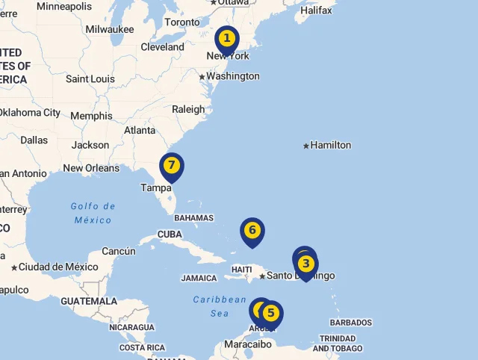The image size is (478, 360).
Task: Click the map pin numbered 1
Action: tap(227, 38)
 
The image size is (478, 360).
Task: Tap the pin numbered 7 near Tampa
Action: tap(172, 165)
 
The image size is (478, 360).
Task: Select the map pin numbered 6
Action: tap(252, 230)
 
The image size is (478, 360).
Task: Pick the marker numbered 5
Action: tap(270, 313)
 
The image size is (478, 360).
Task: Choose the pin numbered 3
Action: tap(305, 264)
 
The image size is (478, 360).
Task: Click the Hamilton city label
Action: tap(330, 145)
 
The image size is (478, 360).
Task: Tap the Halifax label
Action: tap(316, 10)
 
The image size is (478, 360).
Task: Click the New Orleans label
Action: tap(91, 168)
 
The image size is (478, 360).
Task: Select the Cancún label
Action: tap(119, 251)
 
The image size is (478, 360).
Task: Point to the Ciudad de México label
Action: tap(58, 267)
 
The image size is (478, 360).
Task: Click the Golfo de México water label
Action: tap(93, 213)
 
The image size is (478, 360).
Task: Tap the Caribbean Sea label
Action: tap(220, 306)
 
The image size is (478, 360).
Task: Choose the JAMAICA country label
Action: tap(199, 279)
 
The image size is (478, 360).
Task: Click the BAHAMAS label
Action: tap(193, 218)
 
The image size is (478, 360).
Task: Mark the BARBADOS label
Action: tap(350, 323)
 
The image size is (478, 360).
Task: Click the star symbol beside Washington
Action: tap(202, 76)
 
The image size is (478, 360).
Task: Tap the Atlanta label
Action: tap(140, 130)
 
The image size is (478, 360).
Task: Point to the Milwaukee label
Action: tap(110, 29)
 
